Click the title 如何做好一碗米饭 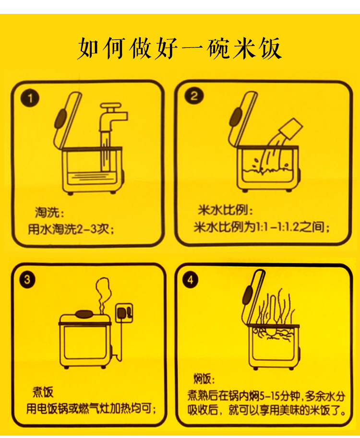click(x=180, y=48)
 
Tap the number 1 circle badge click(x=30, y=98)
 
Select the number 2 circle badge click(x=193, y=96)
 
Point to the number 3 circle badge click(x=27, y=280)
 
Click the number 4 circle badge click(x=191, y=280)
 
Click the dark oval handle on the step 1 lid click(x=60, y=119)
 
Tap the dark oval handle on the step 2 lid click(x=236, y=117)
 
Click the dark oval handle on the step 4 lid click(x=247, y=295)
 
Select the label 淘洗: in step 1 click(x=49, y=213)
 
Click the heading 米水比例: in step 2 click(x=225, y=210)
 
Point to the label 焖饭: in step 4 click(x=204, y=379)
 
